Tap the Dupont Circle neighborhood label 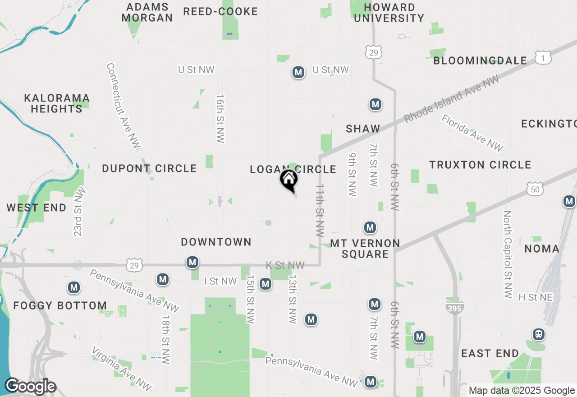pos(149,169)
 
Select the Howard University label pos(389,13)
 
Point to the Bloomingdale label pos(480,60)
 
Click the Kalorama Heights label pos(57,103)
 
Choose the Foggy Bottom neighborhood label pos(60,305)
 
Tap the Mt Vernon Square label pos(365,249)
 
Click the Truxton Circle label pos(480,165)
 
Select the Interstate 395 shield pos(454,308)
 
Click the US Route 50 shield pos(535,189)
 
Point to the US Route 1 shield pos(543,57)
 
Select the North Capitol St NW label pos(508,254)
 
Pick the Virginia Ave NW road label pos(122,369)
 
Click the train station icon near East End pos(538,334)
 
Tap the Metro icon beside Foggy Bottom pos(74,287)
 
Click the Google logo pos(30,387)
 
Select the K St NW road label pos(285,266)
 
